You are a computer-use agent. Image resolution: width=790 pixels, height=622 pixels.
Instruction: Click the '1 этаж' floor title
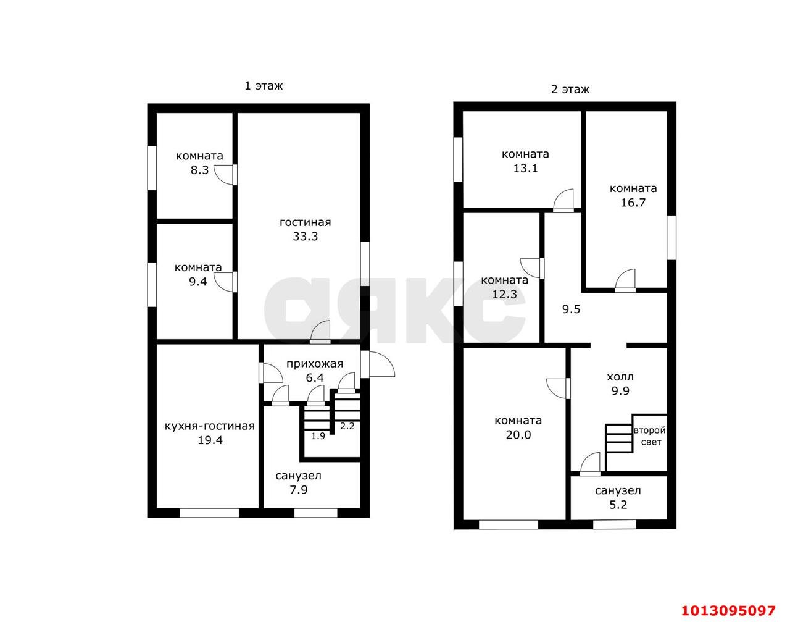click(264, 86)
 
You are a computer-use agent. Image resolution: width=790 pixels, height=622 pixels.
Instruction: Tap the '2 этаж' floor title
click(570, 90)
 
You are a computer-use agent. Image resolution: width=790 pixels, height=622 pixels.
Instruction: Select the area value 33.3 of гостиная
click(305, 236)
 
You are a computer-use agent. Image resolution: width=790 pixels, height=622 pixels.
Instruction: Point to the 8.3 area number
click(199, 170)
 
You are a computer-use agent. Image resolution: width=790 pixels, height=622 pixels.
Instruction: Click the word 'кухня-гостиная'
click(210, 426)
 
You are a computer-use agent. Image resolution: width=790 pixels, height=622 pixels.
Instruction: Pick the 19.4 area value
click(210, 440)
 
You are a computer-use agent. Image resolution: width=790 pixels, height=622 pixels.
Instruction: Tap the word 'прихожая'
click(315, 364)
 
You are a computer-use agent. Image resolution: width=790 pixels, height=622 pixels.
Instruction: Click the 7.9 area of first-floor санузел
click(299, 490)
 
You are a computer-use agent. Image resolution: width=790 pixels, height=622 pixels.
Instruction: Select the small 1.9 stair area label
click(318, 436)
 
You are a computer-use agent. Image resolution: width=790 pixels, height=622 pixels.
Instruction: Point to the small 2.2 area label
click(347, 426)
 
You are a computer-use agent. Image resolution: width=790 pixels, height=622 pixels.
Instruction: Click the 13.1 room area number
click(525, 168)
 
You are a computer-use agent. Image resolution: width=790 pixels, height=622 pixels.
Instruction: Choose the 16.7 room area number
click(633, 203)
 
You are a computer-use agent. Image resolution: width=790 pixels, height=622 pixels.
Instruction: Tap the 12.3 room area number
click(504, 294)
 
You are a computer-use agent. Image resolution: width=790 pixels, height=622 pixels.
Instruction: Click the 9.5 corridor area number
click(572, 309)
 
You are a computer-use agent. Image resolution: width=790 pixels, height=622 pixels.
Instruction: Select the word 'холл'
click(620, 377)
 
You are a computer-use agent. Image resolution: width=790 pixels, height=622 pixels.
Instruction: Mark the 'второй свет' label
click(650, 436)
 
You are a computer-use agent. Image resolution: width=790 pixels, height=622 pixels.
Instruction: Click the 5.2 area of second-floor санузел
click(618, 505)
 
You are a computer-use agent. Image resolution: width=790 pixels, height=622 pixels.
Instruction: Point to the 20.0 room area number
click(518, 435)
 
